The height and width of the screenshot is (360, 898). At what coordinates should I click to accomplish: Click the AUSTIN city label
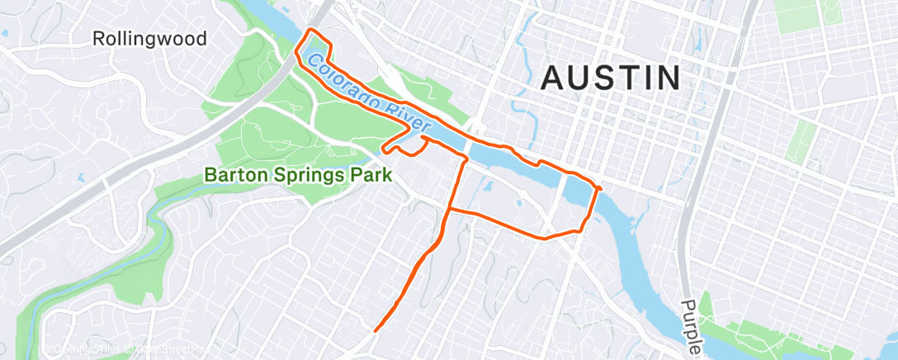click(x=611, y=78)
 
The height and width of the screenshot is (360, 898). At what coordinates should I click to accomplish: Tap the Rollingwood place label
click(x=149, y=39)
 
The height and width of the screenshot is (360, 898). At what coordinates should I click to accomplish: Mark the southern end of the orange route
click(x=376, y=330)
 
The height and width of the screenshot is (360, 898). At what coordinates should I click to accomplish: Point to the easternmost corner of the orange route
click(x=600, y=189)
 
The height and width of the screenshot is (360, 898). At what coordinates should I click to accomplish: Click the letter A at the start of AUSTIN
click(x=553, y=78)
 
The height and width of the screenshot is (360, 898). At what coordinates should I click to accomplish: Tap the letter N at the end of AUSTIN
click(x=669, y=78)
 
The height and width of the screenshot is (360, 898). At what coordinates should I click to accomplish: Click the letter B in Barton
click(x=210, y=175)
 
